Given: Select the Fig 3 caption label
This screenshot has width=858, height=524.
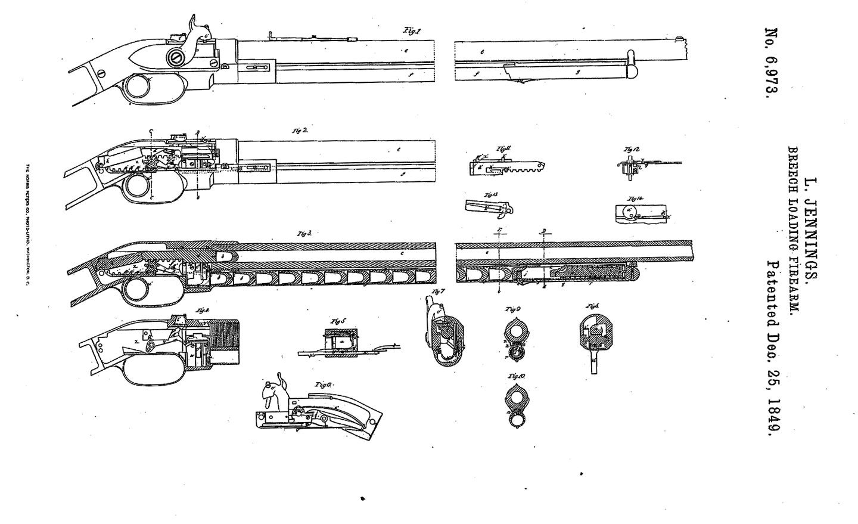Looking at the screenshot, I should click(x=305, y=234).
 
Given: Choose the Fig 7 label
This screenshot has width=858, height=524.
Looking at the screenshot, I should click(x=439, y=292).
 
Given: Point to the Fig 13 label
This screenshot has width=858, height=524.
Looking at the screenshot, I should click(x=491, y=195).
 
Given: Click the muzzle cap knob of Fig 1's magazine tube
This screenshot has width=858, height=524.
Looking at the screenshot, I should click(x=633, y=71).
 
